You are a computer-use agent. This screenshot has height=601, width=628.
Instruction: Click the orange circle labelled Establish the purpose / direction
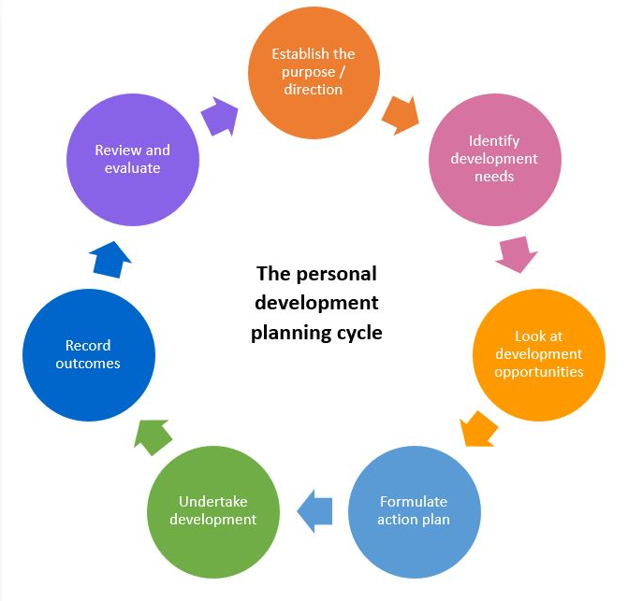coord(314,73)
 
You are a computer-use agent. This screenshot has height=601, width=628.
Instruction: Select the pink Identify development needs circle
coord(494,160)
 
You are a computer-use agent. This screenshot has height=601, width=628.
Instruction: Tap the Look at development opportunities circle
coord(539,354)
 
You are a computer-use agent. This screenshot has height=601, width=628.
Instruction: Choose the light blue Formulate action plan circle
coord(414,512)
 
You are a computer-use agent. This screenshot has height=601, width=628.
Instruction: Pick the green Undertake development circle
coord(213,512)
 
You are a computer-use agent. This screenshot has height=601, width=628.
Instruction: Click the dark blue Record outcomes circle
coord(89,354)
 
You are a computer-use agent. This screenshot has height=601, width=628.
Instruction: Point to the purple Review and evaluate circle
coord(133,160)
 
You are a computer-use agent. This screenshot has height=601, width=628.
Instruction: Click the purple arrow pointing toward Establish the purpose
coord(220,116)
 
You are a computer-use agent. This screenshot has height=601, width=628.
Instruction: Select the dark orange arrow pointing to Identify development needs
coord(401,115)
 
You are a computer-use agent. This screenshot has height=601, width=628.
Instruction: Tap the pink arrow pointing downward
coord(517,254)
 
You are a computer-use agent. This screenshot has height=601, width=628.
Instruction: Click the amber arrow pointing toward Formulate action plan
coord(478,429)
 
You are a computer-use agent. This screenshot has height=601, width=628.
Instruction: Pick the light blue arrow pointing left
coord(314,511)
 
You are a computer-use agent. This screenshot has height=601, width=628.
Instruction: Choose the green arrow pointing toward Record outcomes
coord(153,437)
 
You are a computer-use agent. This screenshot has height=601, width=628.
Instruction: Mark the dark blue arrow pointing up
coord(110,260)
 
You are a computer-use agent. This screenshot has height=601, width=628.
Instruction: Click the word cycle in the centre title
coord(359,333)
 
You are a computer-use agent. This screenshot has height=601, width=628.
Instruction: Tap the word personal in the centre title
coord(336,274)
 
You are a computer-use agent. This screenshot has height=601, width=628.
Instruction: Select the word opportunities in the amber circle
coord(539,372)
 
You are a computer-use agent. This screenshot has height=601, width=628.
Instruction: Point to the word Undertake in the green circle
coord(213,501)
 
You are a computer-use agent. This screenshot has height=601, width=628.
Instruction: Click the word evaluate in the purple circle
coord(133,168)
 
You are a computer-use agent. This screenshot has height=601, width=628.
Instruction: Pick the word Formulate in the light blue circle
coord(414,501)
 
